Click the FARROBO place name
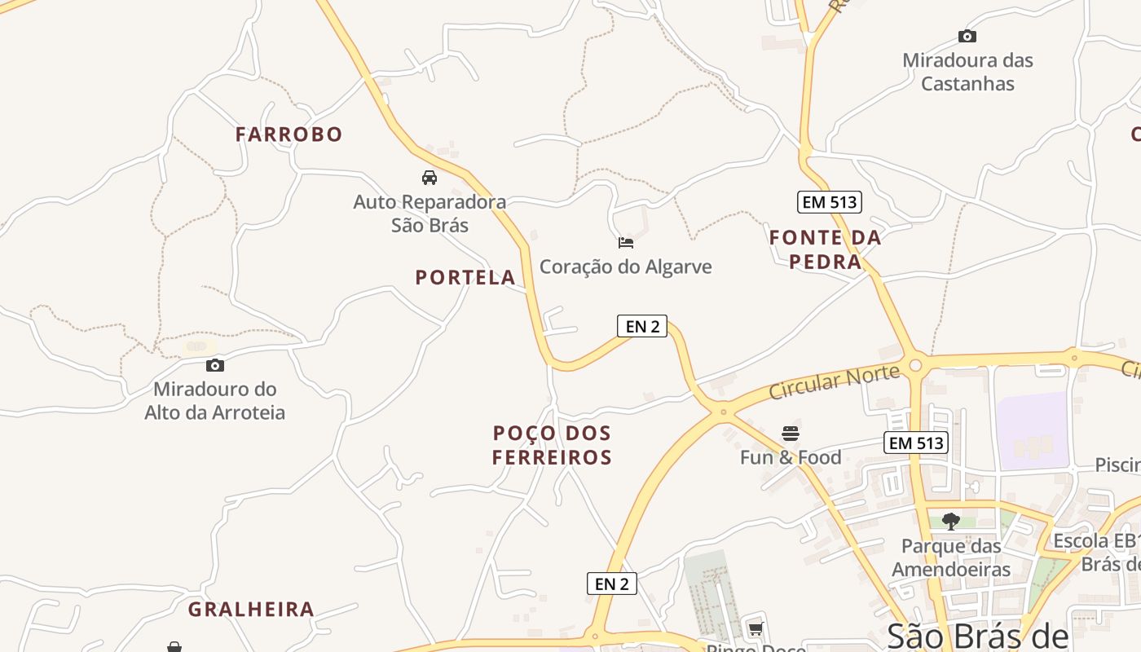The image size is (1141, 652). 289,134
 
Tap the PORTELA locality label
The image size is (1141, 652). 465,278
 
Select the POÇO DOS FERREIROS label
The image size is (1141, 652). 552,445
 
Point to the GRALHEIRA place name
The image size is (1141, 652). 251,610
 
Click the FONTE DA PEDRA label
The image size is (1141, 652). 826,249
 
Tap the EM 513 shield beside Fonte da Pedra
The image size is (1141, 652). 830,202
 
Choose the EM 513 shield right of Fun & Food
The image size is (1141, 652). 916,443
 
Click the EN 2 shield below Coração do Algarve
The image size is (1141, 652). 642,326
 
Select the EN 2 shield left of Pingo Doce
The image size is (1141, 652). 612,584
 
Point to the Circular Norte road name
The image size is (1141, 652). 835,382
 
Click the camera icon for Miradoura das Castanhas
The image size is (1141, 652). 967,36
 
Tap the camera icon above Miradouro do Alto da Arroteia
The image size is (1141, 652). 215,365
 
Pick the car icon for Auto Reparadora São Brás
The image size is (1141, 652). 430,178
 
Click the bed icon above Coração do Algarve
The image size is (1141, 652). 626,243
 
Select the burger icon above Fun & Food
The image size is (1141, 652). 791,433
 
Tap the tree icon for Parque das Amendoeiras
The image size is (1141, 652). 950,521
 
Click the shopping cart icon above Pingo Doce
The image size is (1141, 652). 756,628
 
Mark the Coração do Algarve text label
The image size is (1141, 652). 626,267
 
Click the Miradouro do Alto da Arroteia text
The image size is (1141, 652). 215,400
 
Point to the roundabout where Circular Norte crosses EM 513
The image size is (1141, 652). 915,364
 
